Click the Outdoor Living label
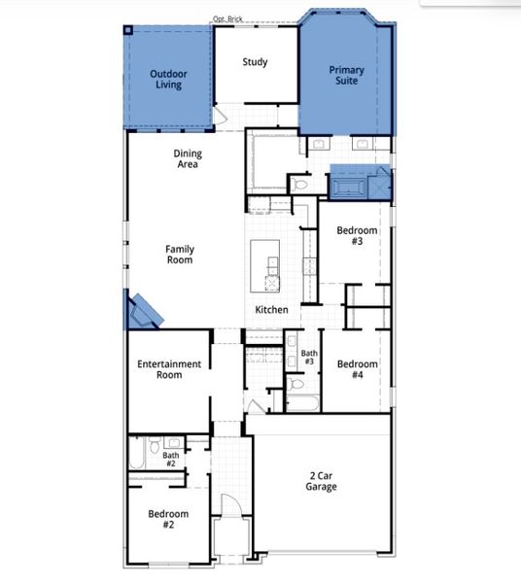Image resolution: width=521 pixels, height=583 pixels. pyautogui.click(x=168, y=79)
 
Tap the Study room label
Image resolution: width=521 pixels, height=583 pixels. pyautogui.click(x=255, y=63)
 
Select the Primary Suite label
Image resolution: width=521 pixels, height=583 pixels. pyautogui.click(x=346, y=75)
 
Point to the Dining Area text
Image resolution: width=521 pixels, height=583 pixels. pyautogui.click(x=188, y=158)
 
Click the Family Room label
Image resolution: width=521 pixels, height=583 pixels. pyautogui.click(x=179, y=255)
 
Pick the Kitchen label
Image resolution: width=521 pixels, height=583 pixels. pyautogui.click(x=271, y=309)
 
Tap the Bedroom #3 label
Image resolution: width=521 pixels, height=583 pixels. pyautogui.click(x=357, y=235)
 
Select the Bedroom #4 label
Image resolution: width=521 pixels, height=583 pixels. pyautogui.click(x=357, y=369)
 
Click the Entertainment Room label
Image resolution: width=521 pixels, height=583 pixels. pyautogui.click(x=169, y=369)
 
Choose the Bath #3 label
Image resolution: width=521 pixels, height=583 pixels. pyautogui.click(x=308, y=358)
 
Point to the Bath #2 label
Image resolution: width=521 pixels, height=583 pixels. pyautogui.click(x=170, y=459)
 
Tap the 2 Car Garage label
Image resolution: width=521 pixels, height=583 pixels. pyautogui.click(x=323, y=481)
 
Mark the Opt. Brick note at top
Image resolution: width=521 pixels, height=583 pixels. pyautogui.click(x=227, y=18)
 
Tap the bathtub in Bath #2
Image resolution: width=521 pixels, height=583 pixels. pyautogui.click(x=138, y=455)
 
